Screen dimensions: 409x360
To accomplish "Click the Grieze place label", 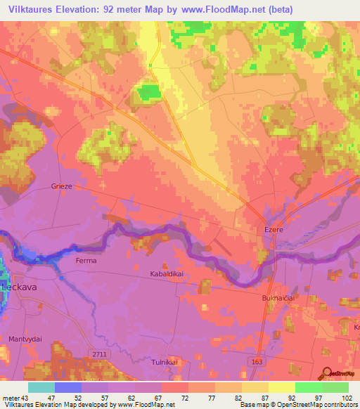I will pos(63,186).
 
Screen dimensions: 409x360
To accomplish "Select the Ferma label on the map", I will pos(86,261).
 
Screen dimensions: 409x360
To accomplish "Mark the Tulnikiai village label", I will pos(167,361).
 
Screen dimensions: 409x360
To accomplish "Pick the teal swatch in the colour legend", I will pos(41,387).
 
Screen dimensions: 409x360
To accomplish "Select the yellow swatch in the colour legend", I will pos(281,387).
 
